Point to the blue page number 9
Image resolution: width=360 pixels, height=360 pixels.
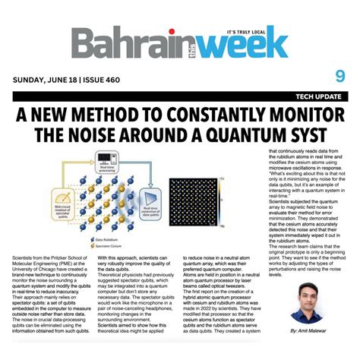(x=339, y=76)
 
